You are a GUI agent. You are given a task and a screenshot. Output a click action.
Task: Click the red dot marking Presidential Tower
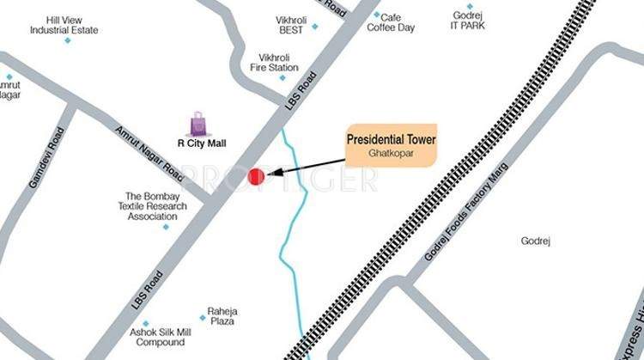tap(255, 176)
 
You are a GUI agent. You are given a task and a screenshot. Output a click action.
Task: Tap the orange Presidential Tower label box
tap(392, 143)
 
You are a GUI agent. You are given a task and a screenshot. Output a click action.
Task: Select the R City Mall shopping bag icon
tap(198, 125)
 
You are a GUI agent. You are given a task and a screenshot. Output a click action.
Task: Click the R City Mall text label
tap(201, 144)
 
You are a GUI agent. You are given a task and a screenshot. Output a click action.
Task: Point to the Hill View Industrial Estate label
tap(64, 25)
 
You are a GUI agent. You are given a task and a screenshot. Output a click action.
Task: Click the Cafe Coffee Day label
tap(391, 23)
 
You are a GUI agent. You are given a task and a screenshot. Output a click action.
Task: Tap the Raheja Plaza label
tap(222, 316)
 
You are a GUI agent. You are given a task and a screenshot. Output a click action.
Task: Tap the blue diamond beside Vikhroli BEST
tap(314, 26)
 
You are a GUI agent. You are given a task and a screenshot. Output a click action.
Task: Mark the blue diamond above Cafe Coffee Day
tap(376, 15)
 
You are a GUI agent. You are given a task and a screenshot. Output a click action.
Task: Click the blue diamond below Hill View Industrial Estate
tap(67, 40)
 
